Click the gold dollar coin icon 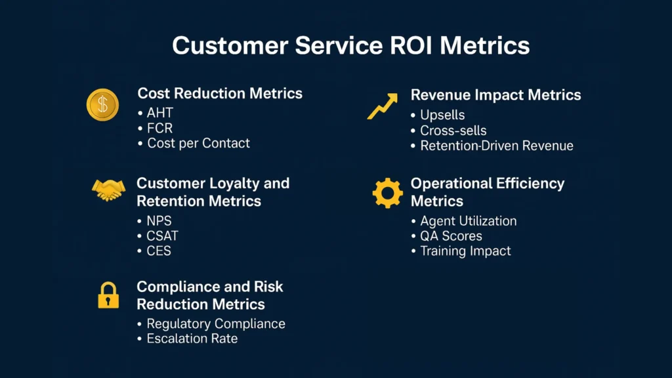coord(102,104)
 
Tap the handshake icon coord(108,190)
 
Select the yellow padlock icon coord(108,295)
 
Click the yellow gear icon coord(387,193)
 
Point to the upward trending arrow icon coord(383,106)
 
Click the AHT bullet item coord(156,113)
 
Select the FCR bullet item coord(155,128)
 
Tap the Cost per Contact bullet coord(194,143)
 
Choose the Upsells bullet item coord(438,115)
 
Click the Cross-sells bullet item coord(448,131)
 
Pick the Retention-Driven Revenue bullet coord(492,146)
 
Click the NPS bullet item coord(154,220)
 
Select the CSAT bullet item coord(157,236)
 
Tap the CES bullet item coord(154,251)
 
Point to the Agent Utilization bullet coord(464,220)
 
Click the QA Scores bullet coord(446,236)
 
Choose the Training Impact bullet coord(461,251)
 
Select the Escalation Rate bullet coord(187,339)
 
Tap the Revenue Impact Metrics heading coord(496,94)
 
